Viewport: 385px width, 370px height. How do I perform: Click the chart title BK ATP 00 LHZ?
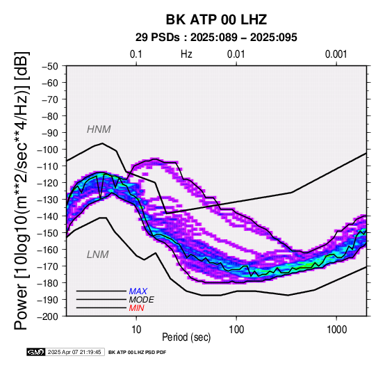click(x=216, y=19)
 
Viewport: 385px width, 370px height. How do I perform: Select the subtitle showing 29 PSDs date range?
click(x=216, y=38)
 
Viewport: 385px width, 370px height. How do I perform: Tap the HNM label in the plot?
click(x=99, y=129)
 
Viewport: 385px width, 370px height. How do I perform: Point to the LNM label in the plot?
click(x=98, y=255)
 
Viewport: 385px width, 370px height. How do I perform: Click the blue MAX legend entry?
click(x=138, y=291)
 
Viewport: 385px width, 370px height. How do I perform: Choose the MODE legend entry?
click(x=142, y=300)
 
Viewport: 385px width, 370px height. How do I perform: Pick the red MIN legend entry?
click(x=136, y=308)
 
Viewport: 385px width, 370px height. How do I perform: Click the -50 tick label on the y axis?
click(x=50, y=66)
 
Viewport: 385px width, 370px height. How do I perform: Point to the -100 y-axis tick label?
click(x=47, y=150)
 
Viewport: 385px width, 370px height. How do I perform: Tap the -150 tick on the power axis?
click(x=47, y=233)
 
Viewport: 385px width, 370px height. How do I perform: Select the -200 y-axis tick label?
click(x=47, y=316)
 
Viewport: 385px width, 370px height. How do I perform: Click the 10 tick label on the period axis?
click(x=136, y=330)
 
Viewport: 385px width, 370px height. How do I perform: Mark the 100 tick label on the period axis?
click(x=236, y=330)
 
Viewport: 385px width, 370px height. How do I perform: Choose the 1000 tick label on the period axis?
click(x=336, y=330)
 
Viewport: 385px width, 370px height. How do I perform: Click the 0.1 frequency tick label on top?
click(x=136, y=54)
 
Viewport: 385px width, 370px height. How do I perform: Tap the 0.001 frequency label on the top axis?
click(x=336, y=54)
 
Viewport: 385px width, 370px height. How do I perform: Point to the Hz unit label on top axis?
click(x=186, y=54)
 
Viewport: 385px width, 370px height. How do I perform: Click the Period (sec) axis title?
click(x=186, y=337)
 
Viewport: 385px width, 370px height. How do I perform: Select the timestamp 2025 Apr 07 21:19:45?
click(x=74, y=352)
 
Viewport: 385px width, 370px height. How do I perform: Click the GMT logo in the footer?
click(x=36, y=352)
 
